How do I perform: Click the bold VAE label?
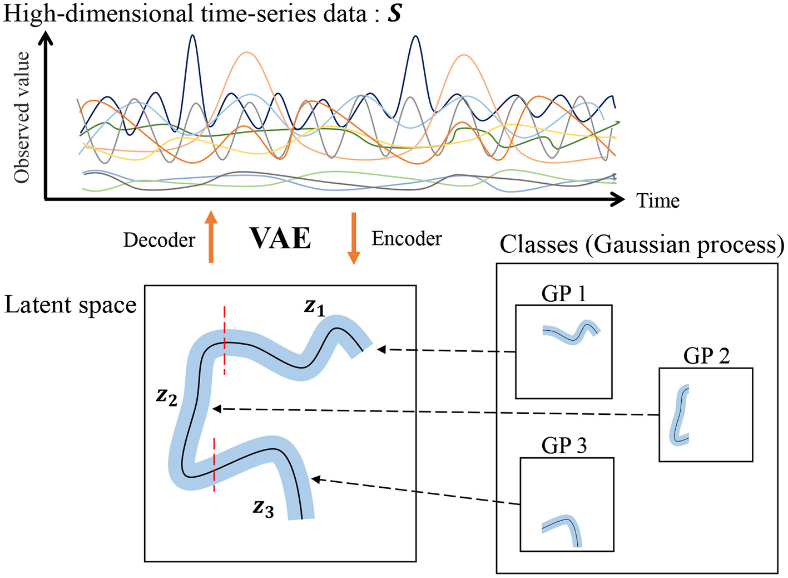pos(280,238)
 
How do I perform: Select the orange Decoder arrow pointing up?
pos(211,236)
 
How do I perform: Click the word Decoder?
pos(159,240)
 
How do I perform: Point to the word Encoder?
pos(407,238)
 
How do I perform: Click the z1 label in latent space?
pos(315,307)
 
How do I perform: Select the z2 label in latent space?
pos(167,396)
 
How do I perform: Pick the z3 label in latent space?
pos(263,508)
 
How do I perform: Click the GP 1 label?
pos(564,293)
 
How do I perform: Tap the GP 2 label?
pos(706,355)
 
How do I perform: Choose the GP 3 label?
pos(564,445)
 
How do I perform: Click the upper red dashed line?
pos(225,340)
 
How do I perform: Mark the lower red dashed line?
pos(214,464)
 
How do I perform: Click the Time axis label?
pos(658,200)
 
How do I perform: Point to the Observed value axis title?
pos(22,117)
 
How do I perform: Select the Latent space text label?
pos(71,305)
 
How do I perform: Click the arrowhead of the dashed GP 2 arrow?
pos(216,409)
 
